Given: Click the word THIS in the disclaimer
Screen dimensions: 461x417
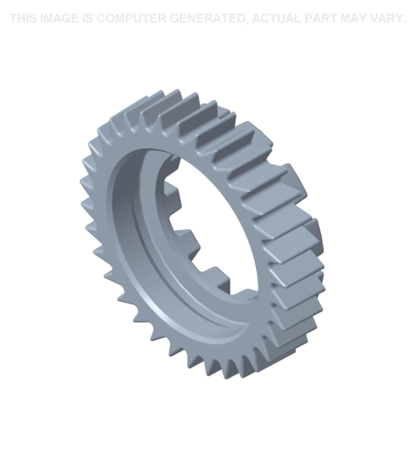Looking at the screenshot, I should [25, 18].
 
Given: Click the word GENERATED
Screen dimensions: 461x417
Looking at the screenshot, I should [206, 18].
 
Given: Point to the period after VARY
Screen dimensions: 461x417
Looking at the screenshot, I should [405, 21].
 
